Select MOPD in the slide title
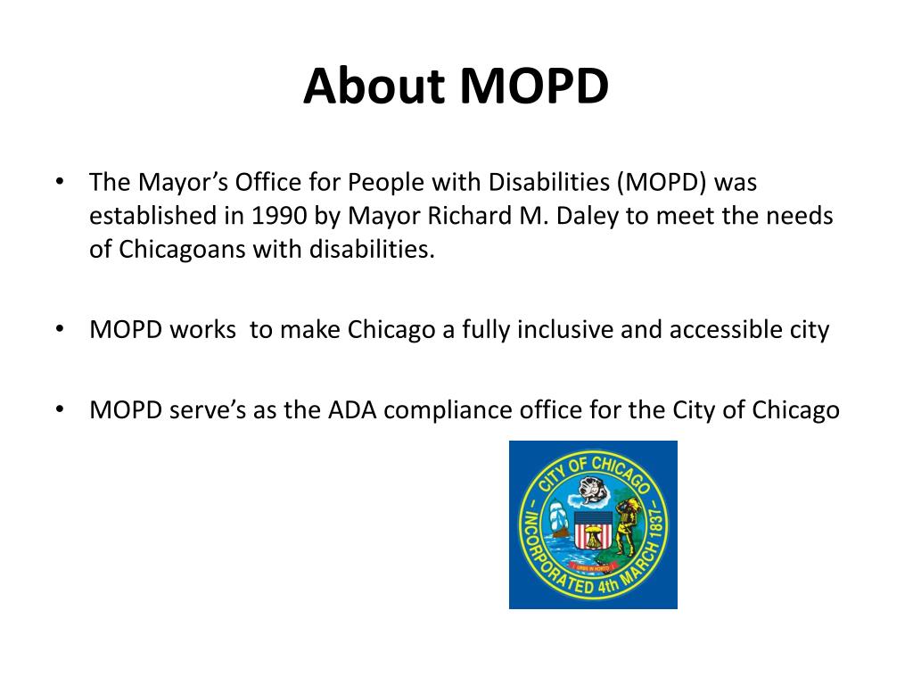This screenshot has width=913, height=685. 534,87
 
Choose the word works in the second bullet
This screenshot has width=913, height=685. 202,330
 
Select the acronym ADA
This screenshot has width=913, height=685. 352,410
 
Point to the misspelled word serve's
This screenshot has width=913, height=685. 201,410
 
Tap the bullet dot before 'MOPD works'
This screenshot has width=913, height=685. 59,329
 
